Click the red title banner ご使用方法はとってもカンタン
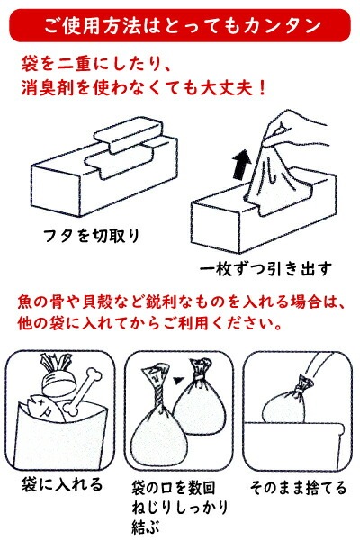pos(180,26)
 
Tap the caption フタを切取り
pos(92,236)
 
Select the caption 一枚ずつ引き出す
pos(266,268)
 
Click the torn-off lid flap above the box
pos(128,133)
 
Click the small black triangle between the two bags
pos(178,380)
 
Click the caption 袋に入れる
pos(62,484)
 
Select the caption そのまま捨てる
pos(298,487)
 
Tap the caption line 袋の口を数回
pos(174,488)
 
